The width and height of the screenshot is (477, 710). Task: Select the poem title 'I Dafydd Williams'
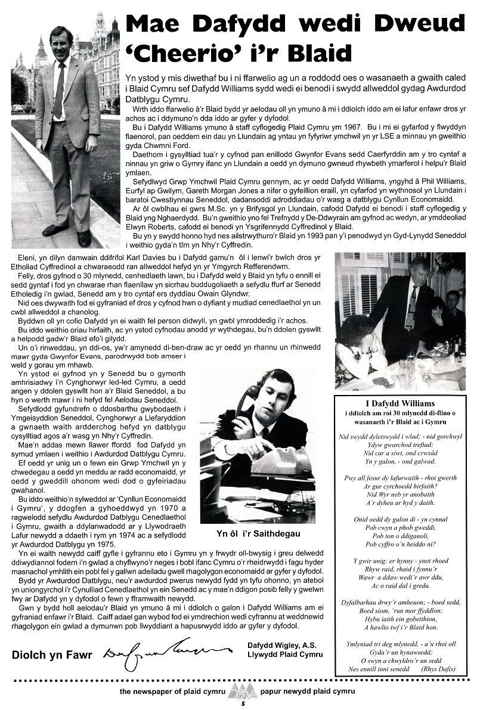[399, 404]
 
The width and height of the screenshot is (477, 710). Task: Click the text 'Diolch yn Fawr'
[52, 655]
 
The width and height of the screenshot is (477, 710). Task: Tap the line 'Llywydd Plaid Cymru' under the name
[284, 655]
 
